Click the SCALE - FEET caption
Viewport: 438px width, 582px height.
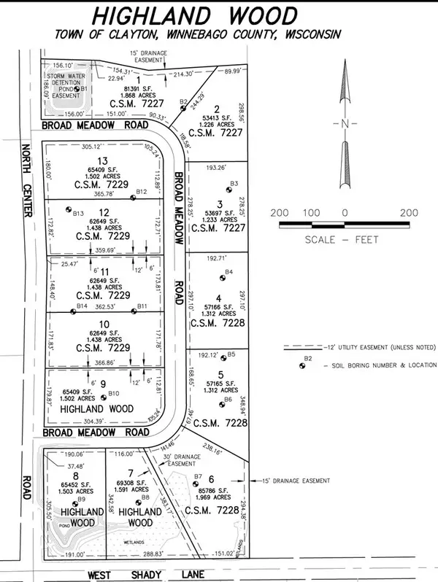[342, 238]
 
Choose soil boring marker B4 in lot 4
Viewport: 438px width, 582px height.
[223, 278]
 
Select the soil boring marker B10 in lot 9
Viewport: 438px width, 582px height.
[102, 398]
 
